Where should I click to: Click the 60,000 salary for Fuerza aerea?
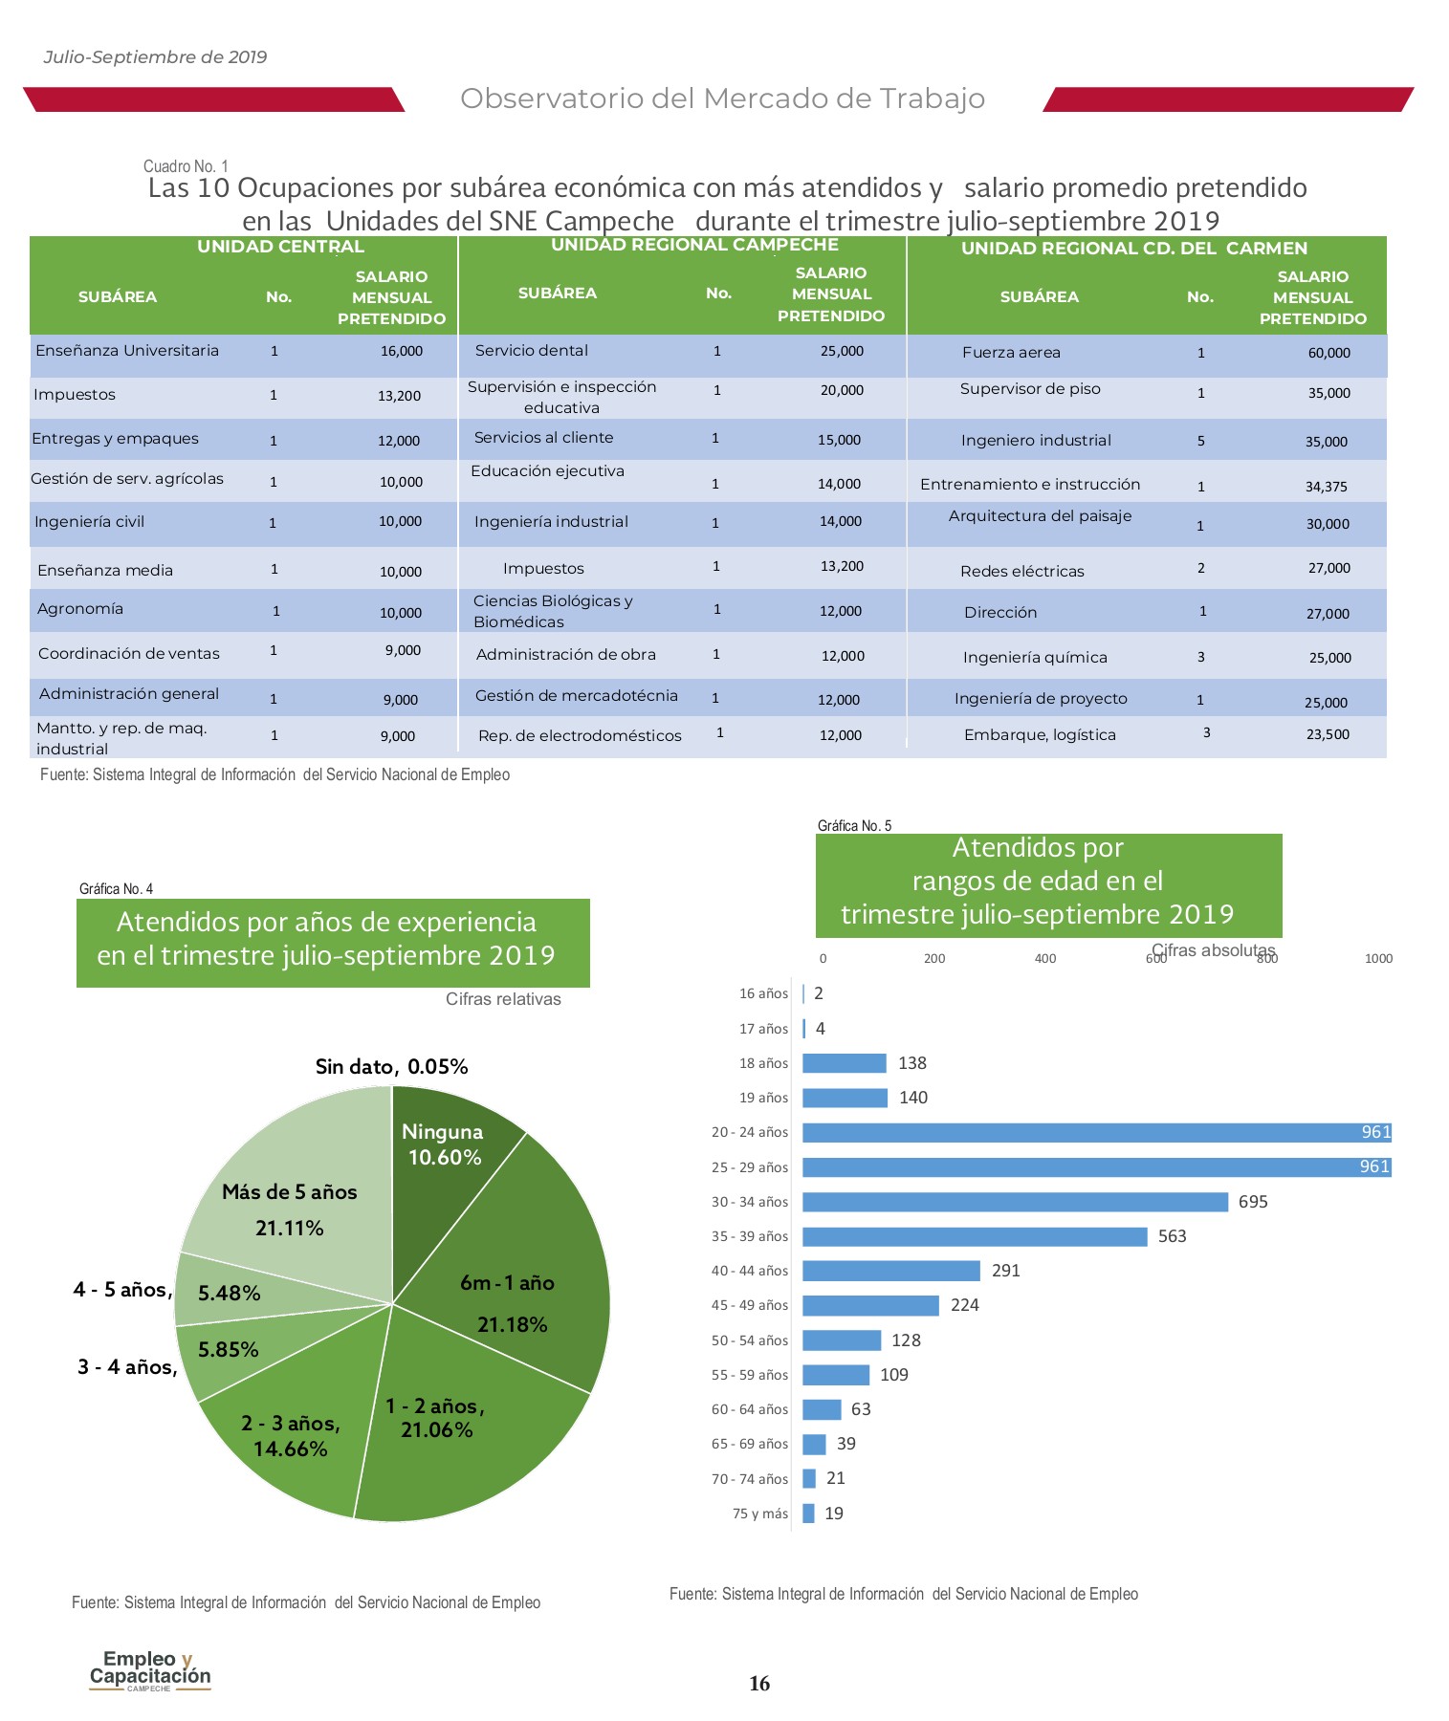tap(1328, 353)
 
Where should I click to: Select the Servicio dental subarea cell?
tap(532, 351)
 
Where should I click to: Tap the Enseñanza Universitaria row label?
tap(127, 351)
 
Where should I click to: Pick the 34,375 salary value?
tap(1326, 487)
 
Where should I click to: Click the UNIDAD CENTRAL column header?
tap(280, 247)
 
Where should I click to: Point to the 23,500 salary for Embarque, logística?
tap(1328, 735)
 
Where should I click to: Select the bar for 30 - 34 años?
tap(1015, 1202)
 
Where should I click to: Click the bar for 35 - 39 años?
tap(975, 1236)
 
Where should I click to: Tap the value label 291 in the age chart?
tap(1006, 1271)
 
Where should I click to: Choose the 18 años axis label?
tap(763, 1063)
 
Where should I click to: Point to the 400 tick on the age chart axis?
tap(1045, 959)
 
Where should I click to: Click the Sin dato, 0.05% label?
tap(392, 1067)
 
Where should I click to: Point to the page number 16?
tap(759, 1684)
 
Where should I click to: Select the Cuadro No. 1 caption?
tap(186, 166)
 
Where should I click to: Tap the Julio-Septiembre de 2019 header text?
tap(155, 57)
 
